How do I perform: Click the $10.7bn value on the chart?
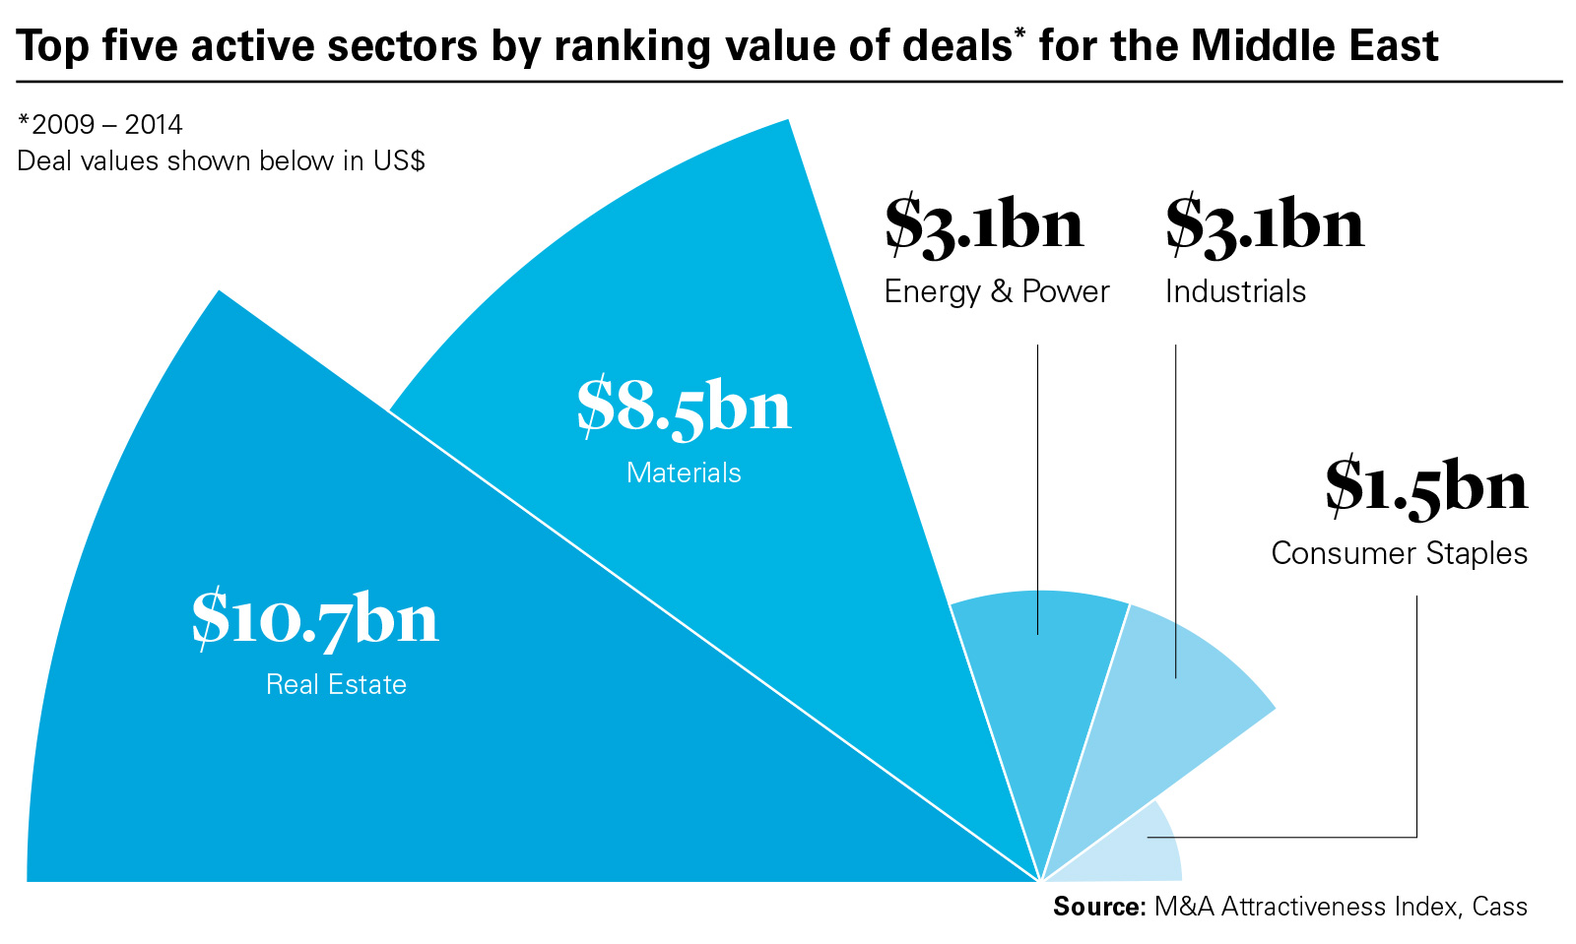point(315,619)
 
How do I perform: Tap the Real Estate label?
point(336,685)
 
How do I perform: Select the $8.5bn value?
point(684,406)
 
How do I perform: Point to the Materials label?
point(684,473)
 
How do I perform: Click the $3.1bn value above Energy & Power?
point(984,225)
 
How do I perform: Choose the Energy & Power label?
point(997,292)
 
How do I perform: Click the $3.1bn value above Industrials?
point(1265,225)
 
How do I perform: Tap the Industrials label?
point(1235,292)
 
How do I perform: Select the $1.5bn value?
point(1425,486)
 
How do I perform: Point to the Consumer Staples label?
point(1399,553)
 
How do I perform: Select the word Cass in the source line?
point(1499,907)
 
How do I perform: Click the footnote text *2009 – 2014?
point(100,125)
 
